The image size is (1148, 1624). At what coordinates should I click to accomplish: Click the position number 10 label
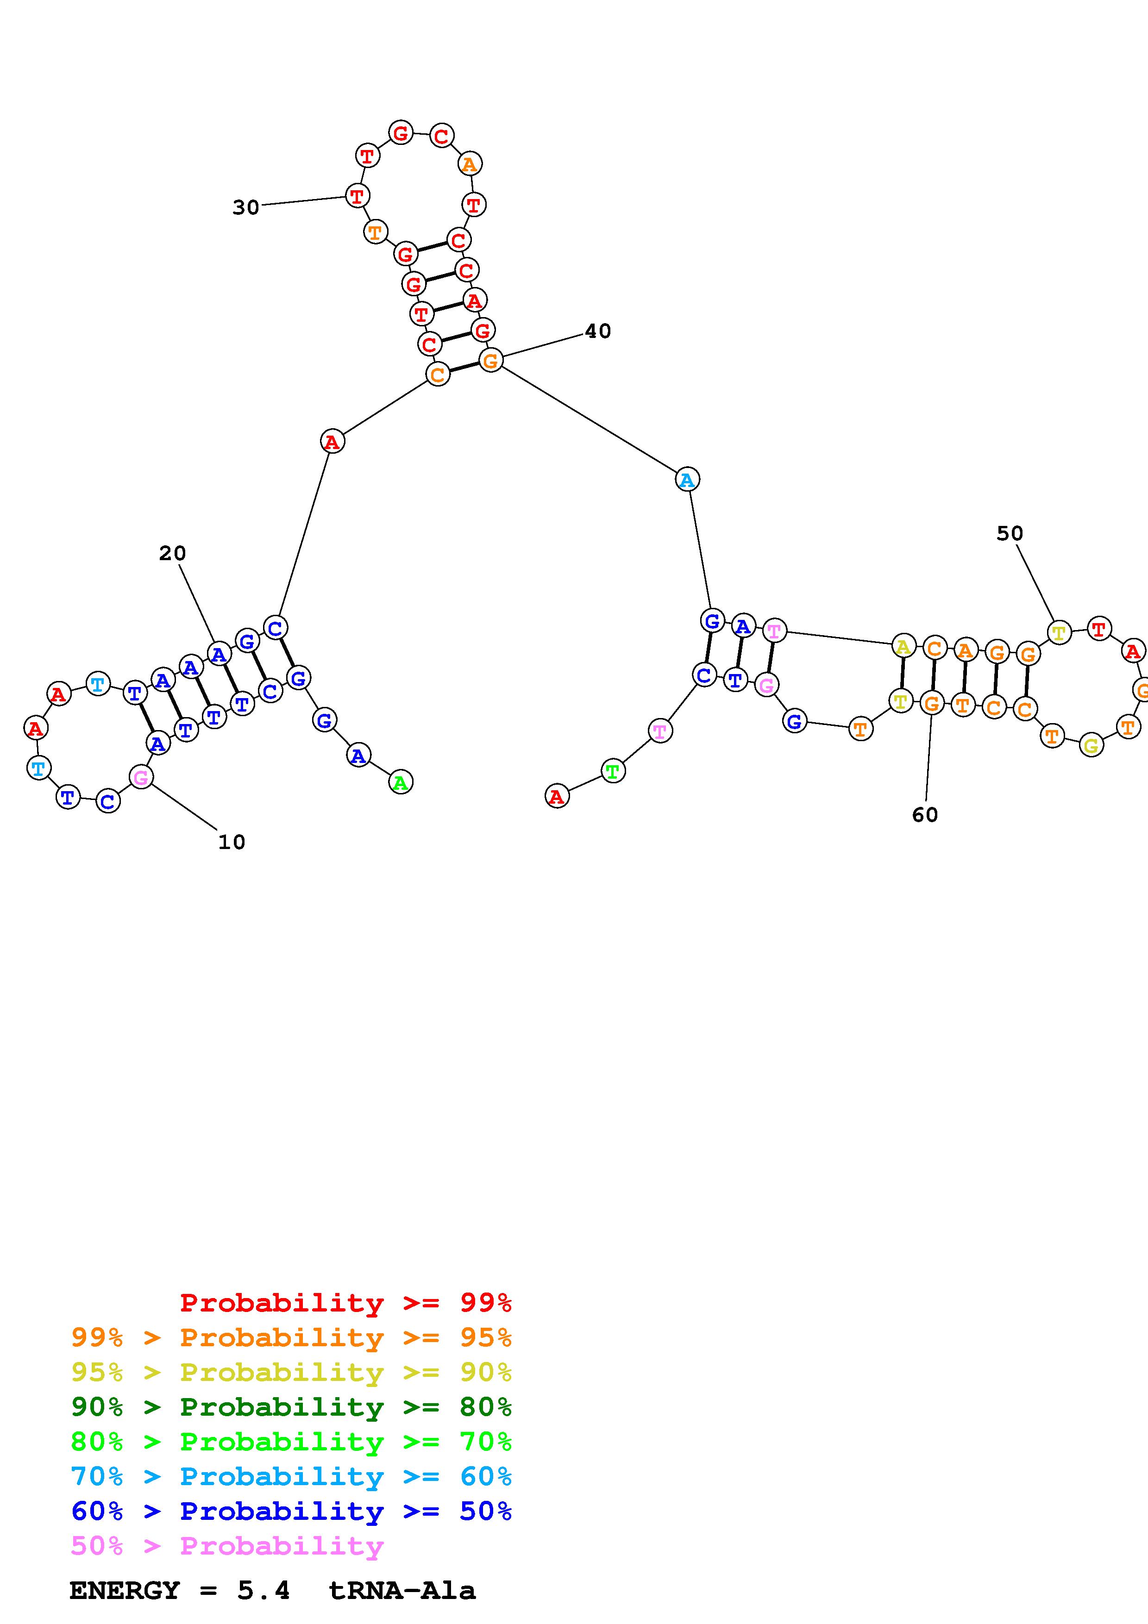pos(231,843)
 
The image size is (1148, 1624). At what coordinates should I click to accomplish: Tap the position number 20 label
pos(172,553)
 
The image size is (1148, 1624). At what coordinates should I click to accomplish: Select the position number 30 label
pos(245,207)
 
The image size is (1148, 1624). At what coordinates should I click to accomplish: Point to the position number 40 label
pos(598,331)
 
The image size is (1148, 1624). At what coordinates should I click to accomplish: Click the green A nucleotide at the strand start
pos(401,782)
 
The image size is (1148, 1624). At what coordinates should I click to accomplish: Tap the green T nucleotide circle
pos(613,770)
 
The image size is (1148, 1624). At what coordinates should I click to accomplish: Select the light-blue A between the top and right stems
pos(687,480)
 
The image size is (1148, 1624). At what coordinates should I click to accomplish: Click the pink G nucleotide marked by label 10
pos(141,777)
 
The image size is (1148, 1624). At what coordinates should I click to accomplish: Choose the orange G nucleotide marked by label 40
pos(490,361)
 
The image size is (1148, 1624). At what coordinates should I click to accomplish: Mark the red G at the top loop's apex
pos(401,132)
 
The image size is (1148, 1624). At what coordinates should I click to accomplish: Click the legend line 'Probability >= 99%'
pos(345,1302)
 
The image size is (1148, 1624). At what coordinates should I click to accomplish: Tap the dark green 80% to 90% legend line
pos(291,1407)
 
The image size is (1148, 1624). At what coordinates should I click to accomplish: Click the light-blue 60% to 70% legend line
pos(291,1476)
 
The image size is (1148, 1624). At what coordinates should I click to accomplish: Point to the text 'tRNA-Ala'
pos(402,1591)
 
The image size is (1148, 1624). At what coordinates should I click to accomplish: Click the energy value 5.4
pos(263,1591)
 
